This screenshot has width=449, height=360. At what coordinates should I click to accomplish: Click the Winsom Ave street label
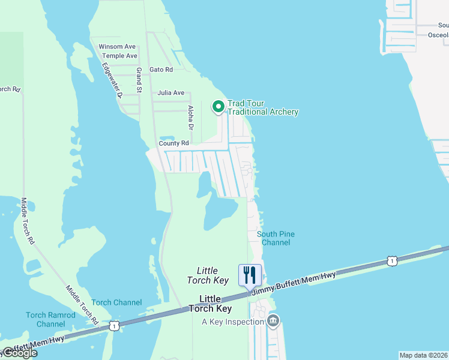(x=117, y=46)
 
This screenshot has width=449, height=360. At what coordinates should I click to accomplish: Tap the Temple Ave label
(x=119, y=56)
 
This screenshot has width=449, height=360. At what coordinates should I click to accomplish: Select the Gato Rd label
(x=161, y=70)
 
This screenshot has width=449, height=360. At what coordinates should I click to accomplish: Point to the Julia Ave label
(x=171, y=93)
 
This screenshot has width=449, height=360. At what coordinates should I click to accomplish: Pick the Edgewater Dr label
(x=112, y=80)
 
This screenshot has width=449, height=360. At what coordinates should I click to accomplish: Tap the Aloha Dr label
(x=191, y=118)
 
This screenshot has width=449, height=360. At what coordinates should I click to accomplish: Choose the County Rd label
(x=173, y=143)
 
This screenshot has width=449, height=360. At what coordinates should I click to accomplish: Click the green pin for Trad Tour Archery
(x=218, y=107)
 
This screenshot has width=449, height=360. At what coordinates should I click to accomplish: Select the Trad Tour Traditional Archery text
(x=262, y=108)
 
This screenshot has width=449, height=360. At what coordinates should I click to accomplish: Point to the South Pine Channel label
(x=276, y=238)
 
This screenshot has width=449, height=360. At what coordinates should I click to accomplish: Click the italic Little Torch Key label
(x=207, y=275)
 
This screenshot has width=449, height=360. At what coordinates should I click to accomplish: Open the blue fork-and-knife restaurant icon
(x=250, y=275)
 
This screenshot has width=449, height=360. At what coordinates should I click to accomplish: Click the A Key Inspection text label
(x=233, y=322)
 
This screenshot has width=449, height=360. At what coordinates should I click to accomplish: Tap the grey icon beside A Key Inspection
(x=273, y=321)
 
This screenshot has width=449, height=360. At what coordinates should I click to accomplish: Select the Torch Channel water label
(x=116, y=302)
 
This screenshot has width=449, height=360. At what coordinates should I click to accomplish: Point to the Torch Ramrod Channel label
(x=50, y=320)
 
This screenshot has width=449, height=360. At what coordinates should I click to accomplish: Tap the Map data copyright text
(x=424, y=355)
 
